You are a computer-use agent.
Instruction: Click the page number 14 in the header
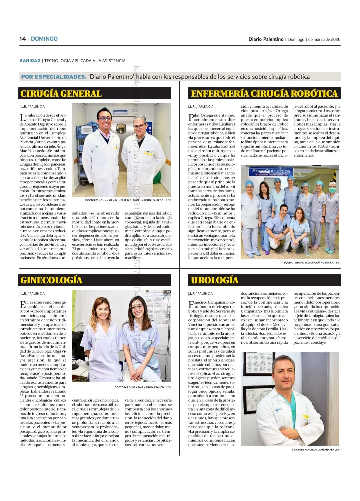tap(23, 39)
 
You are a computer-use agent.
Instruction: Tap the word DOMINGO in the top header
tap(44, 39)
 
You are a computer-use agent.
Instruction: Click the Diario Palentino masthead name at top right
tap(266, 39)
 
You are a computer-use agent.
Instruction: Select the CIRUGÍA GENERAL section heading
tap(61, 94)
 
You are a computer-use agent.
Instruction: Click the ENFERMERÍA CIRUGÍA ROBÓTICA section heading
tap(264, 94)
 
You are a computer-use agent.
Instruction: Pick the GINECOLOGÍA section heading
tap(51, 280)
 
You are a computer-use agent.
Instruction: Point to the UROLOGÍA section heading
tap(215, 280)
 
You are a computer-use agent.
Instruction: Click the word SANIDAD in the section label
tap(30, 61)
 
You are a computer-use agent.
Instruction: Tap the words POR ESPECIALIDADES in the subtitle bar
tap(54, 77)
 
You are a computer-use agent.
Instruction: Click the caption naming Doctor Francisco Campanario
tap(313, 449)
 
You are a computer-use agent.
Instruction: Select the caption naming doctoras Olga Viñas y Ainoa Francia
tap(140, 387)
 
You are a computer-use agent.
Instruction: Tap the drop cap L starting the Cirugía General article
tap(22, 117)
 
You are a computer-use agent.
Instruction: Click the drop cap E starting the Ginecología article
tap(22, 304)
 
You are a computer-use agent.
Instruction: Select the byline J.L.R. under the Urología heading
tap(192, 293)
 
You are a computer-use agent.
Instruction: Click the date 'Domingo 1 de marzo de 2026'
tap(314, 39)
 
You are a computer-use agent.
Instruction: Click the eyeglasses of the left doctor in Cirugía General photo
tap(105, 118)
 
